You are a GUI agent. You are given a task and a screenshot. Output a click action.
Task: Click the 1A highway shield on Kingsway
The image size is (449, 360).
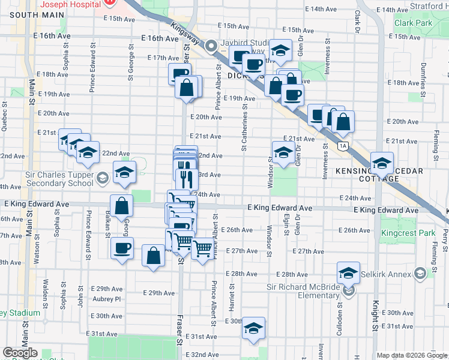pyautogui.click(x=343, y=146)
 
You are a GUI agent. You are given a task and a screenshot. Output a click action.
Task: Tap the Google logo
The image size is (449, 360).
pyautogui.click(x=20, y=353)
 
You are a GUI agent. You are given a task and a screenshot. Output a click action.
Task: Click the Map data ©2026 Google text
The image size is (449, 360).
pyautogui.click(x=412, y=355)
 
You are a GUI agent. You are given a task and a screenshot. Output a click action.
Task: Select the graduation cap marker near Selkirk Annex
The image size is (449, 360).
pyautogui.click(x=348, y=274)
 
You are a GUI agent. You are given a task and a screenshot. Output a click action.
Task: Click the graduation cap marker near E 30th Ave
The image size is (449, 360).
pyautogui.click(x=254, y=328)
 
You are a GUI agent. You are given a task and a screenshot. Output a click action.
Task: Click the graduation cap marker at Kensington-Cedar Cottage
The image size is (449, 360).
pyautogui.click(x=382, y=163)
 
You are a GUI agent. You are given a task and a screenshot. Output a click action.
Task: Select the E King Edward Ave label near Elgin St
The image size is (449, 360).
pyautogui.click(x=280, y=208)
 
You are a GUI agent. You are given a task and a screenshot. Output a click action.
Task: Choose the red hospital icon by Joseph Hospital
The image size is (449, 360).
pyautogui.click(x=109, y=2)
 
